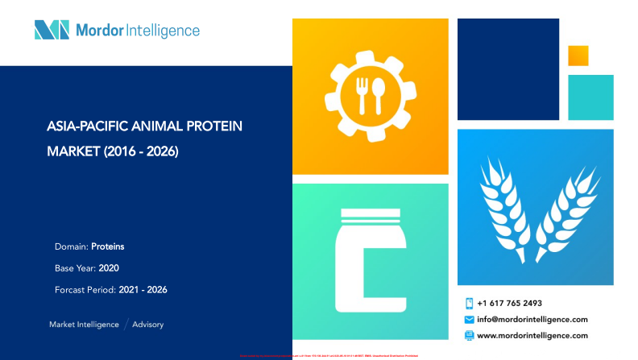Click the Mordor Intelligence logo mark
click(x=52, y=31)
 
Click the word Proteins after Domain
click(x=107, y=246)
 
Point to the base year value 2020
click(x=108, y=267)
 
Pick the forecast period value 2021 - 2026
click(x=143, y=289)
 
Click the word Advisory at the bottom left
click(x=147, y=324)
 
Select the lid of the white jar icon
click(x=370, y=216)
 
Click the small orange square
click(x=578, y=56)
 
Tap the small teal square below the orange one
click(x=590, y=97)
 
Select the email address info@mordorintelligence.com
click(x=532, y=319)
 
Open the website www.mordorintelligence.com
click(x=532, y=335)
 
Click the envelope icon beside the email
click(x=469, y=320)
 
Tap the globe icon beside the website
click(x=469, y=335)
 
